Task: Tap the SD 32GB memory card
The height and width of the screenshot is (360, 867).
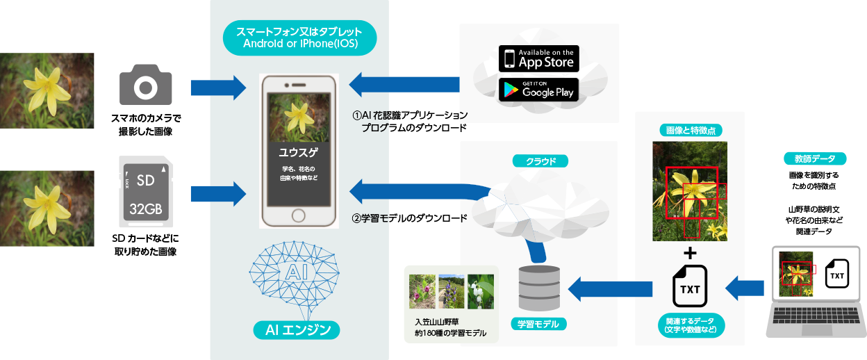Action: click(145, 191)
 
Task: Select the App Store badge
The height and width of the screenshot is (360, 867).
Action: click(538, 58)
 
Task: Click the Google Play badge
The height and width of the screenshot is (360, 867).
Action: click(538, 89)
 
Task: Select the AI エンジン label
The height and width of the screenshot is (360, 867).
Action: click(297, 330)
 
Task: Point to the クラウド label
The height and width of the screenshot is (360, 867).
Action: click(540, 161)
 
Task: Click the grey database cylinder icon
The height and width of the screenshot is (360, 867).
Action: click(539, 287)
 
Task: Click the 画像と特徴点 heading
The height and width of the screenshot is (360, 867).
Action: click(690, 130)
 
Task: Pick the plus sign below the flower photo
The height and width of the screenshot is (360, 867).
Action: click(690, 251)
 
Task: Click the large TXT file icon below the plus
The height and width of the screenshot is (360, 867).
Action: click(690, 285)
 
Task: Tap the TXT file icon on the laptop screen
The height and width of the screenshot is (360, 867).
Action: click(837, 275)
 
